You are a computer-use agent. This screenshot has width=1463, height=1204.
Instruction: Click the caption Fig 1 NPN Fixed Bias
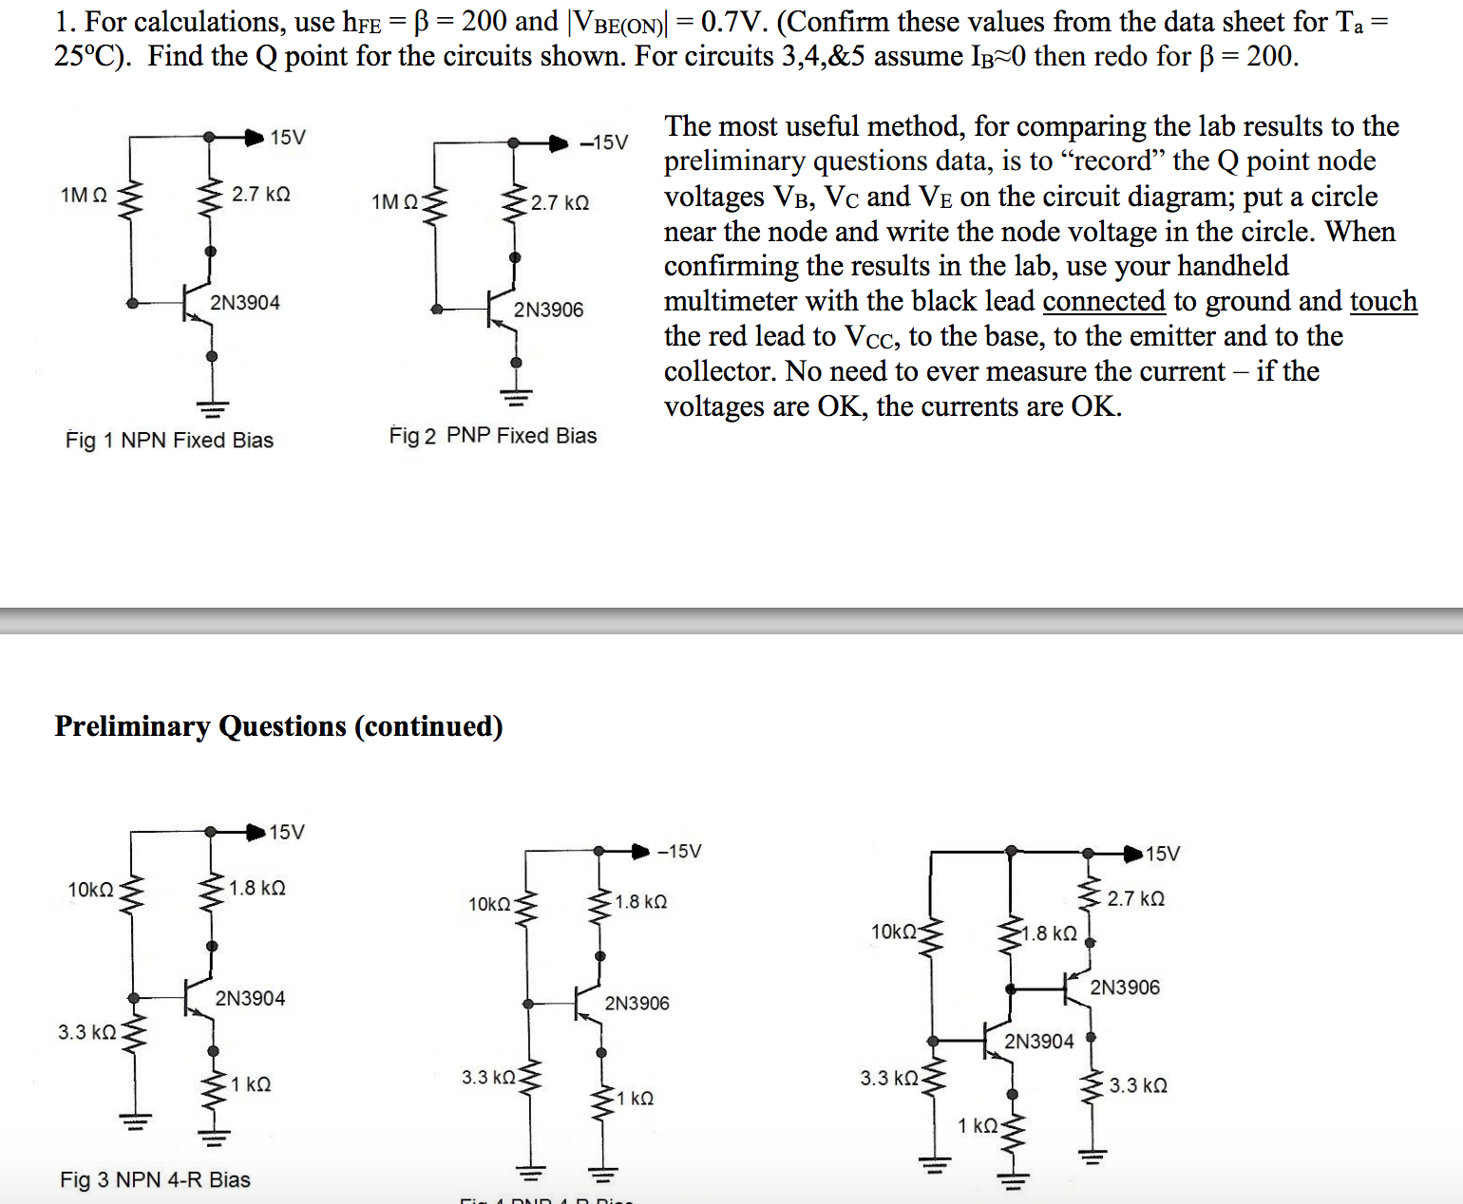point(169,441)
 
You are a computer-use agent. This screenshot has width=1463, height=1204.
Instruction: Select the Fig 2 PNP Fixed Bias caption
point(493,436)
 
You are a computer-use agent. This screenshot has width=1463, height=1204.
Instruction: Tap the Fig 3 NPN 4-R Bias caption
point(155,1179)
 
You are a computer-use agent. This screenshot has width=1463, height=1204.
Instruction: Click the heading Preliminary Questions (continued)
point(278,726)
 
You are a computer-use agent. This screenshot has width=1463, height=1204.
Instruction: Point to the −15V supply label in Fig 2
point(604,142)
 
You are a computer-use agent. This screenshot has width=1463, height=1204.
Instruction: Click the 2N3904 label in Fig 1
point(245,303)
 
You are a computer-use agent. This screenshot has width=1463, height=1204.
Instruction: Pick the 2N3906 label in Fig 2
point(548,310)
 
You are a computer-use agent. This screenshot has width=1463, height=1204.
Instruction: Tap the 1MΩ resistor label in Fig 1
point(84,195)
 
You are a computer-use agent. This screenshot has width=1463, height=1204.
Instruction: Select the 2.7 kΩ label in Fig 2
point(560,203)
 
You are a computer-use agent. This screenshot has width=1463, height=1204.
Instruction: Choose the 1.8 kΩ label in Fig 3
point(256,888)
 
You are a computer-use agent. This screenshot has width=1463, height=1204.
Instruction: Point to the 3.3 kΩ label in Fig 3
point(86,1032)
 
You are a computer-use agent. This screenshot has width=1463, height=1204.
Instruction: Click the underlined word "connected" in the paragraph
point(1103,301)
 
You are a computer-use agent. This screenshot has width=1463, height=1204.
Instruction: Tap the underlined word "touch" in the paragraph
point(1383,301)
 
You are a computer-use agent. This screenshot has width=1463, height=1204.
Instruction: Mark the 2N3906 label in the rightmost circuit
point(1125,988)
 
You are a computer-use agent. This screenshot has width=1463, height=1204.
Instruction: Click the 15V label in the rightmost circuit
point(1163,854)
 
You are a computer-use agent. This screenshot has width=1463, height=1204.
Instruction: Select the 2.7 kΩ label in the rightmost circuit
point(1135,898)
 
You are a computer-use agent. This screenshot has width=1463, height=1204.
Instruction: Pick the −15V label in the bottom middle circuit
point(679,851)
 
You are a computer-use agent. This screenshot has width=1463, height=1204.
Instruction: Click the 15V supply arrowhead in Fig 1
point(254,138)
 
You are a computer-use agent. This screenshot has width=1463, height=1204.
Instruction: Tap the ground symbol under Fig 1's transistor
point(212,409)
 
